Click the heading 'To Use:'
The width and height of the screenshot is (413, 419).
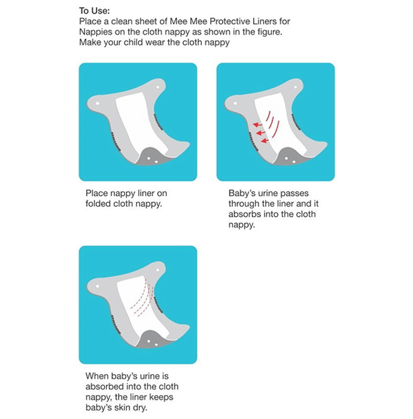[95, 11]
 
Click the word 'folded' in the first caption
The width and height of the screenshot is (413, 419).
[98, 204]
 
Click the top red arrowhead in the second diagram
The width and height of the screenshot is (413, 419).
[256, 125]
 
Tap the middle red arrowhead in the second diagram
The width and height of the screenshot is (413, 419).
[259, 133]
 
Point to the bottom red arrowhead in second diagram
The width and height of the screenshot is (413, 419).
[264, 141]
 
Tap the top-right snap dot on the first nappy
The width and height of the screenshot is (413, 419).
[157, 87]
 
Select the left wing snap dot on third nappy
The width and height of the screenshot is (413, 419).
[98, 286]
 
